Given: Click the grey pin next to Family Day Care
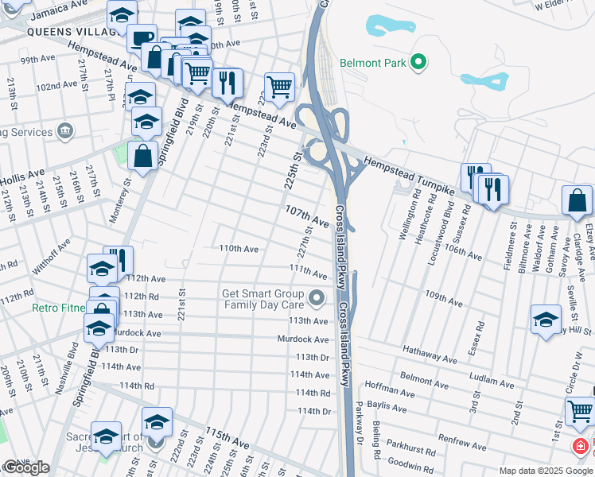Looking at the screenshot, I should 317,299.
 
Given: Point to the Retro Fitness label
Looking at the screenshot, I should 60,308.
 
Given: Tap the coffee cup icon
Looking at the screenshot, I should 142,38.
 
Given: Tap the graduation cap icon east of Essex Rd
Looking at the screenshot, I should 546,320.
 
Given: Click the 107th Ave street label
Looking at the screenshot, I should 307,215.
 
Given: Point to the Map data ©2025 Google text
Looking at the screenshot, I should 546,471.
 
